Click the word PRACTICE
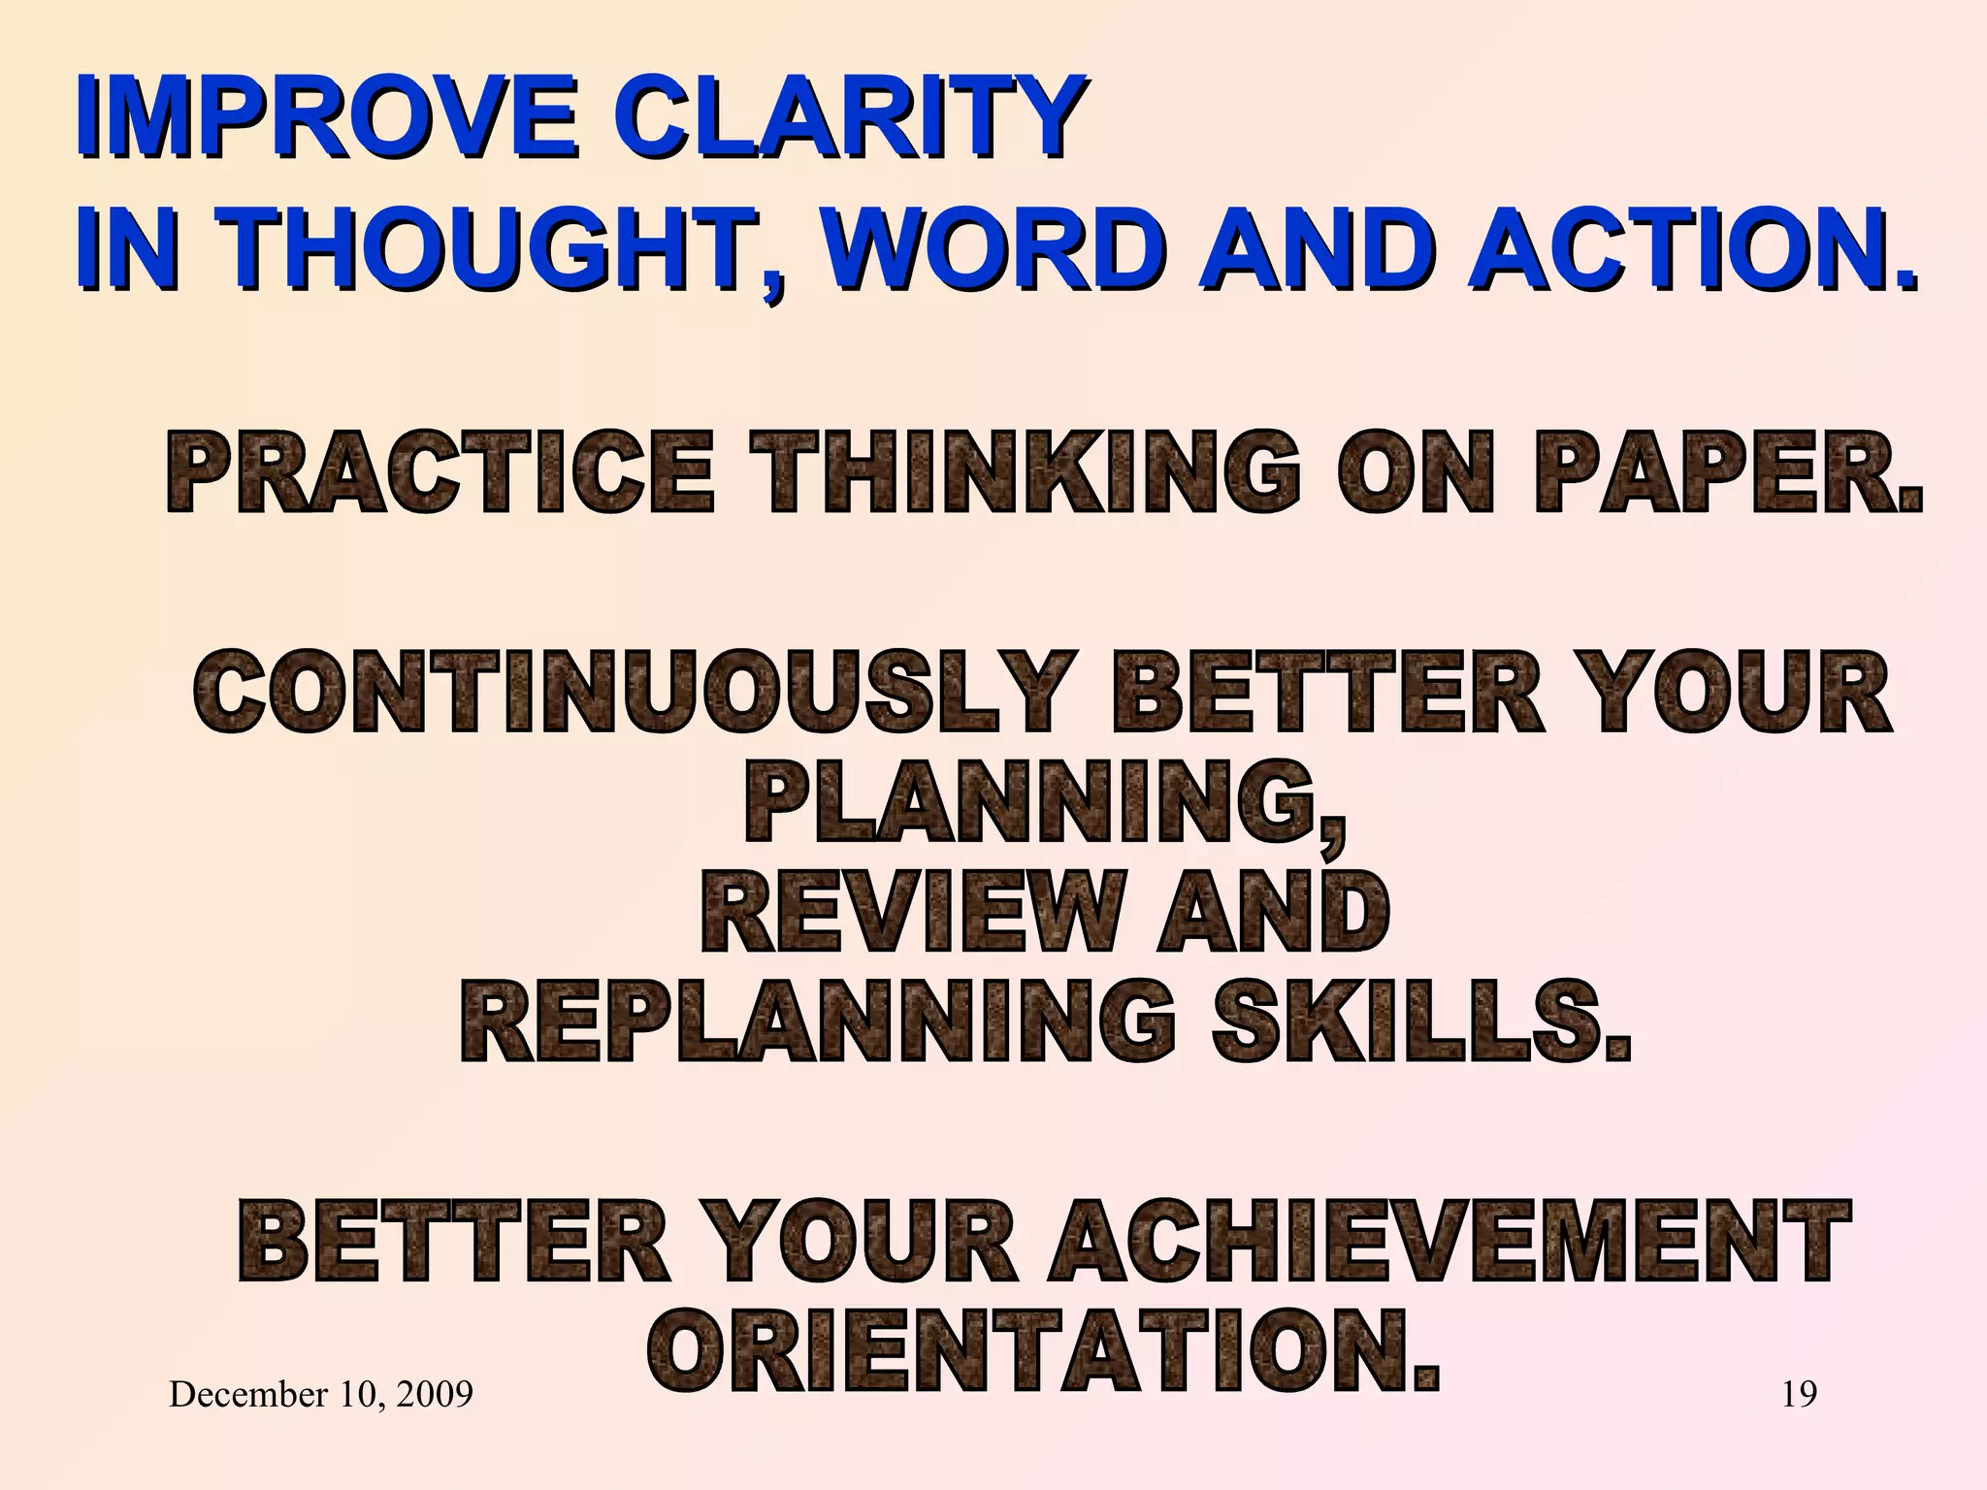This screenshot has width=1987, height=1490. (x=441, y=472)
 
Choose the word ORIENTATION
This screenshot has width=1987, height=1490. (x=1044, y=1351)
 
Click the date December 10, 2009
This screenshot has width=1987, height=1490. (x=321, y=1395)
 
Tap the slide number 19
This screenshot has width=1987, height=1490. (x=1800, y=1395)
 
